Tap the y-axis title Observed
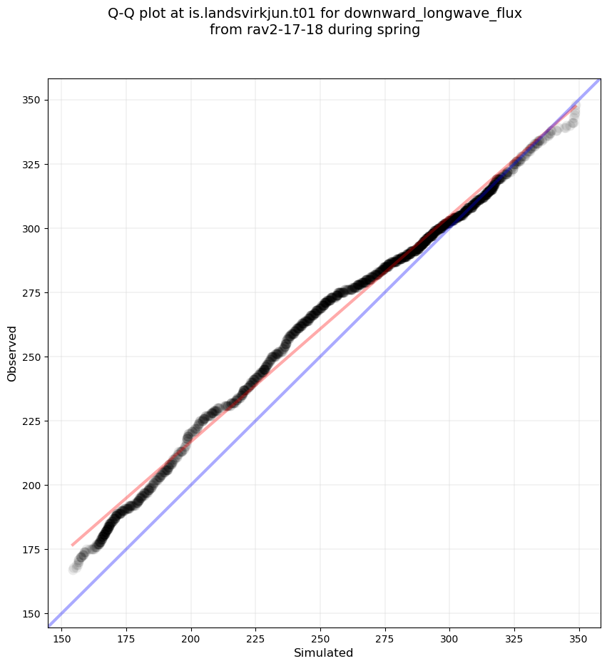12,353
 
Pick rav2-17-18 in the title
275,30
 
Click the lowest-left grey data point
73,569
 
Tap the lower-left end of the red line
72,545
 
